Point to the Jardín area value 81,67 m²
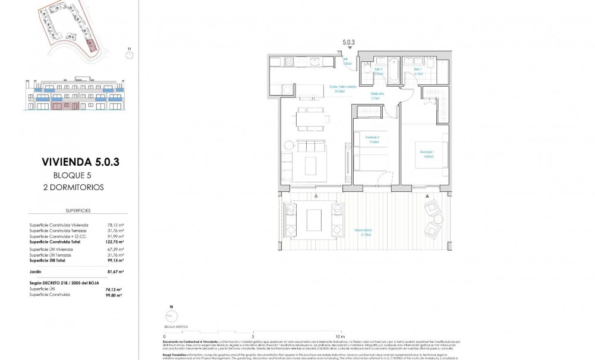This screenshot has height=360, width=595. [x=114, y=271]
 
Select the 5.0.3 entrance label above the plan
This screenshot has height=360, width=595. [x=349, y=42]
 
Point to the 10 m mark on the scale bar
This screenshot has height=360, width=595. [x=339, y=336]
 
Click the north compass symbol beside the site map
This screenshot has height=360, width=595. [x=129, y=53]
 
